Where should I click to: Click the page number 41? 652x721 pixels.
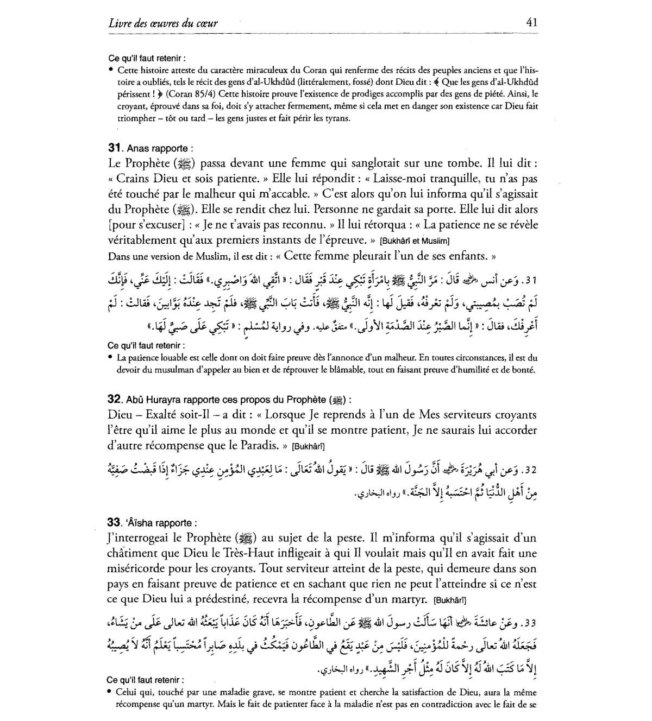pos(531,22)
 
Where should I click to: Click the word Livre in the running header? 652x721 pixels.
pos(121,23)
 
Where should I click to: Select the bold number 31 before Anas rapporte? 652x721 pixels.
pos(114,148)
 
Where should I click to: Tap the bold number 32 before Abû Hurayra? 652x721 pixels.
pos(114,400)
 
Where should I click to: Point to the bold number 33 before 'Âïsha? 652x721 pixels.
pos(114,523)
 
